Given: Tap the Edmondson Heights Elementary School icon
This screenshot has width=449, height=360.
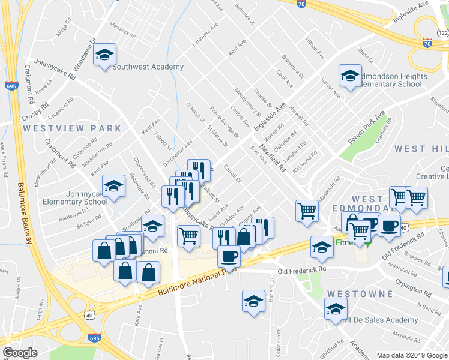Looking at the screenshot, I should point(350,76).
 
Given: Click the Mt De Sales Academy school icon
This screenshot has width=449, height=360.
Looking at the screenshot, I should point(336,310).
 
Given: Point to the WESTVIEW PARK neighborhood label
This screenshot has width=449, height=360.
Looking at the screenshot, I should point(72,128).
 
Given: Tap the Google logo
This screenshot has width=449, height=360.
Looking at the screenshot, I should point(20,352).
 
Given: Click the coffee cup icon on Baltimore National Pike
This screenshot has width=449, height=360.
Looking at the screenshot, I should point(228,257).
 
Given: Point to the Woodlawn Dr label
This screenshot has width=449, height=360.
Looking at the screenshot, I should point(85,53).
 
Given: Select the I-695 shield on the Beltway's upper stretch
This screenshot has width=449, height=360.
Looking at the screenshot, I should point(11,85).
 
